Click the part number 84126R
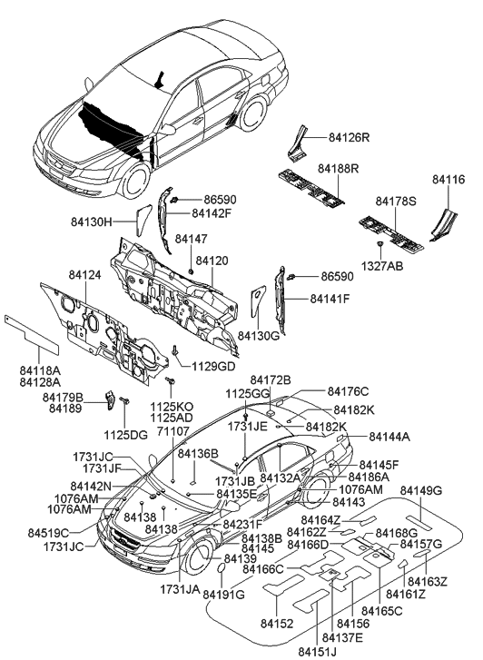(349, 138)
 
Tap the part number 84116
(448, 180)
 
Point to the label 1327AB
(382, 266)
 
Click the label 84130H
(92, 222)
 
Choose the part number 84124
(85, 275)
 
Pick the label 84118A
(41, 370)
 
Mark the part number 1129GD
(213, 366)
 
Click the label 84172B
(271, 379)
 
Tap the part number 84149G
(421, 490)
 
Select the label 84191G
(223, 595)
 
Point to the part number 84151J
(318, 652)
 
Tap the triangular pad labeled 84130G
(258, 300)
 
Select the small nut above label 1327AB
(380, 243)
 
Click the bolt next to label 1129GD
(174, 350)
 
